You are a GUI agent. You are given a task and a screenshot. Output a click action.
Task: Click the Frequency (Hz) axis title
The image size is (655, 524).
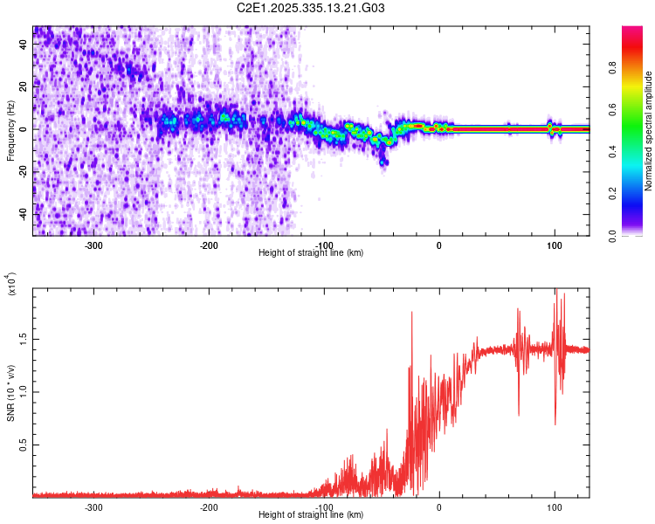pyautogui.click(x=10, y=131)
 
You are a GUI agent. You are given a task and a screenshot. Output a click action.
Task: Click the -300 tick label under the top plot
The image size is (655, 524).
pyautogui.click(x=93, y=245)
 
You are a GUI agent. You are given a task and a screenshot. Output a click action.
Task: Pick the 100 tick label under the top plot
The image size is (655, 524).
pyautogui.click(x=554, y=245)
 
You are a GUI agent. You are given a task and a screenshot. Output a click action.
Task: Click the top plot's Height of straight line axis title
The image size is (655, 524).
pyautogui.click(x=311, y=252)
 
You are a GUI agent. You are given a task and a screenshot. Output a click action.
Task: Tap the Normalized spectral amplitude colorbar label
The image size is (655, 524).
pyautogui.click(x=648, y=131)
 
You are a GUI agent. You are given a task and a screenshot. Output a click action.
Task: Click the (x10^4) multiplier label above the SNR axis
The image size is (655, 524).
pyautogui.click(x=11, y=285)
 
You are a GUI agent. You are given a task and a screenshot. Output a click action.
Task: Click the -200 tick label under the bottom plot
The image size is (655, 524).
pyautogui.click(x=209, y=507)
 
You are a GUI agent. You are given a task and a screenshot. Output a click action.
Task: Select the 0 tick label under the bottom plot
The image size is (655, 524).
pyautogui.click(x=439, y=507)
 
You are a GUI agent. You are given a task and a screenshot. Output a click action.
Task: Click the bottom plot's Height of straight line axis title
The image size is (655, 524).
pyautogui.click(x=311, y=514)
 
